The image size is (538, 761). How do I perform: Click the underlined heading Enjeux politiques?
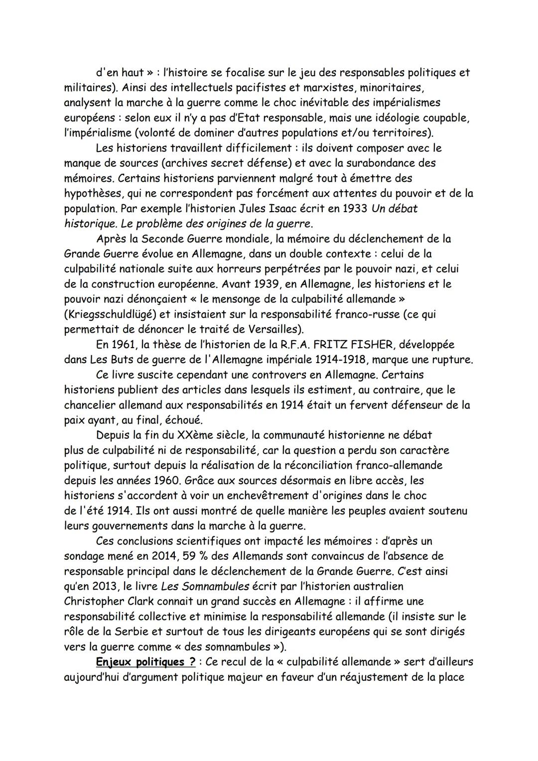pyautogui.click(x=140, y=662)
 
